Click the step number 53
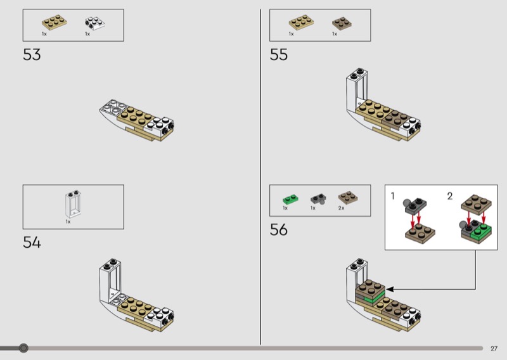[32, 55]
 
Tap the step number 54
[32, 242]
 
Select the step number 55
[278, 55]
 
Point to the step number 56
[278, 229]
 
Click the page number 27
[494, 349]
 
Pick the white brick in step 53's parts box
[94, 23]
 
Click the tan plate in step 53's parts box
[55, 22]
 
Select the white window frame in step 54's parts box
[74, 204]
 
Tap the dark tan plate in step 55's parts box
[342, 23]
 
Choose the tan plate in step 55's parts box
[301, 22]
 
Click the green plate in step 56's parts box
[290, 198]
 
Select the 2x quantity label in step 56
[341, 208]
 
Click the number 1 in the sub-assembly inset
[392, 196]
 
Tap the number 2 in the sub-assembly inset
[450, 196]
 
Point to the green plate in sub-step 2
[482, 231]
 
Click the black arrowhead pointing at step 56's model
[390, 289]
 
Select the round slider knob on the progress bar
[23, 348]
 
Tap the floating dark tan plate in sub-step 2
[476, 204]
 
